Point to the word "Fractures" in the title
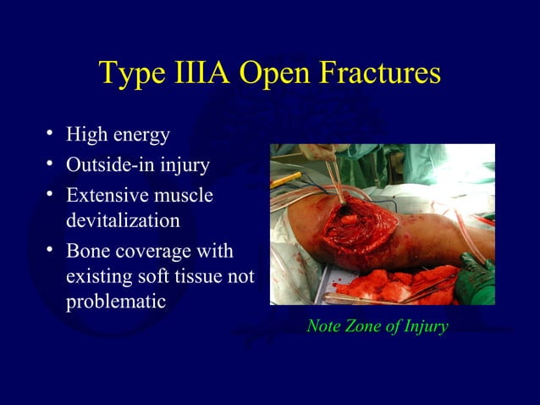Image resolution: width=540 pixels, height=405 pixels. (379, 74)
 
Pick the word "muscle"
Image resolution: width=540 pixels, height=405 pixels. (184, 195)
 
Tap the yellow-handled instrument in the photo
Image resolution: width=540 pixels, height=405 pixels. (287, 180)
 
